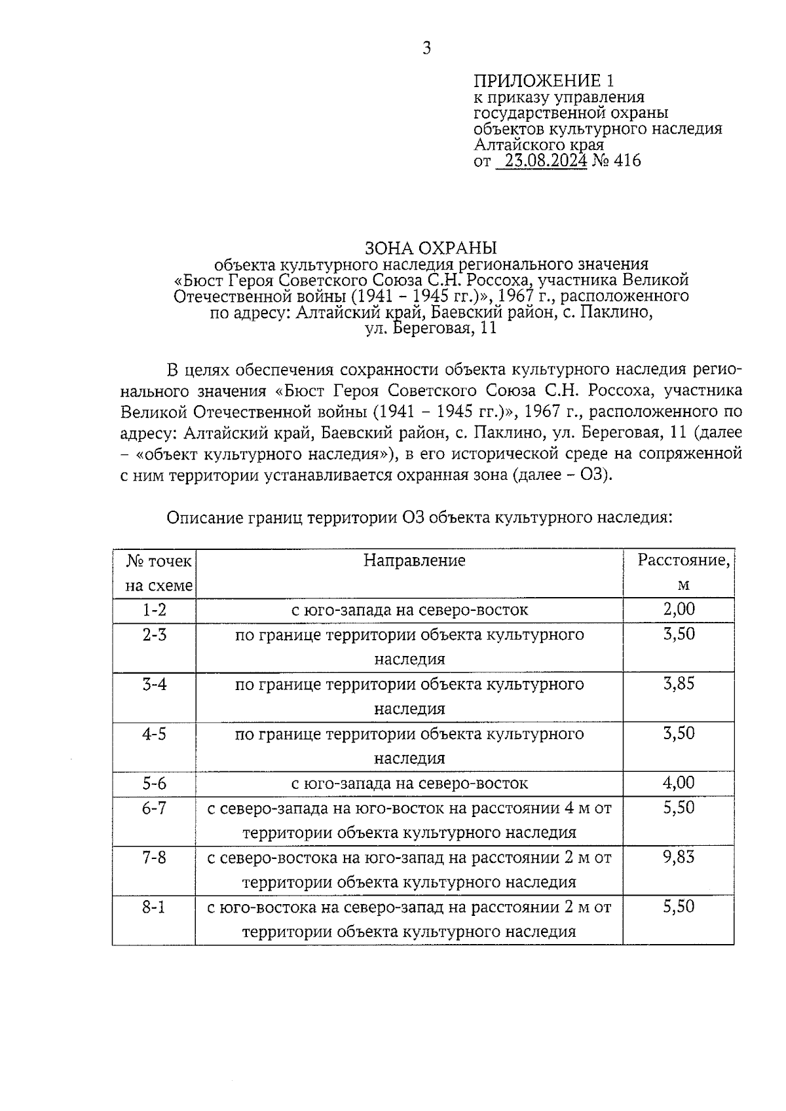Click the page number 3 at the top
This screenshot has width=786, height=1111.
[426, 48]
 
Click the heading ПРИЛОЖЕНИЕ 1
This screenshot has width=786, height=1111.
[544, 81]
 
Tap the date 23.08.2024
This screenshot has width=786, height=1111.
[541, 161]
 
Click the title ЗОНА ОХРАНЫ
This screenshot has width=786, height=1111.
[430, 248]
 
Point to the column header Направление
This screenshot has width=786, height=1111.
[414, 560]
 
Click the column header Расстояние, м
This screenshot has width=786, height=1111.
[683, 572]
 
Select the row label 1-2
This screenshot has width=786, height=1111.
[155, 610]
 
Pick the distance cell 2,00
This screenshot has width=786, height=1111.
[679, 610]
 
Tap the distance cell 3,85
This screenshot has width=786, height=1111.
[679, 684]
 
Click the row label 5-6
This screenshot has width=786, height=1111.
[155, 784]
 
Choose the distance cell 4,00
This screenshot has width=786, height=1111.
[679, 783]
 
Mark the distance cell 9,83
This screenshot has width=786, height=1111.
[679, 857]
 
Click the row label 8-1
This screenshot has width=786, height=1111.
[155, 907]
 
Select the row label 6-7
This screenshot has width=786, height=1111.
[155, 809]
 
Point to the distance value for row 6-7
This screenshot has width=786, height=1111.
[679, 808]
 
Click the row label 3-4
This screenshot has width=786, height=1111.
[155, 685]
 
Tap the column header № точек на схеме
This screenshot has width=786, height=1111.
[159, 573]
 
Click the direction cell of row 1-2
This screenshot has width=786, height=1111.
[409, 610]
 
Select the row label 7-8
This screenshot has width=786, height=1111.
[155, 858]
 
